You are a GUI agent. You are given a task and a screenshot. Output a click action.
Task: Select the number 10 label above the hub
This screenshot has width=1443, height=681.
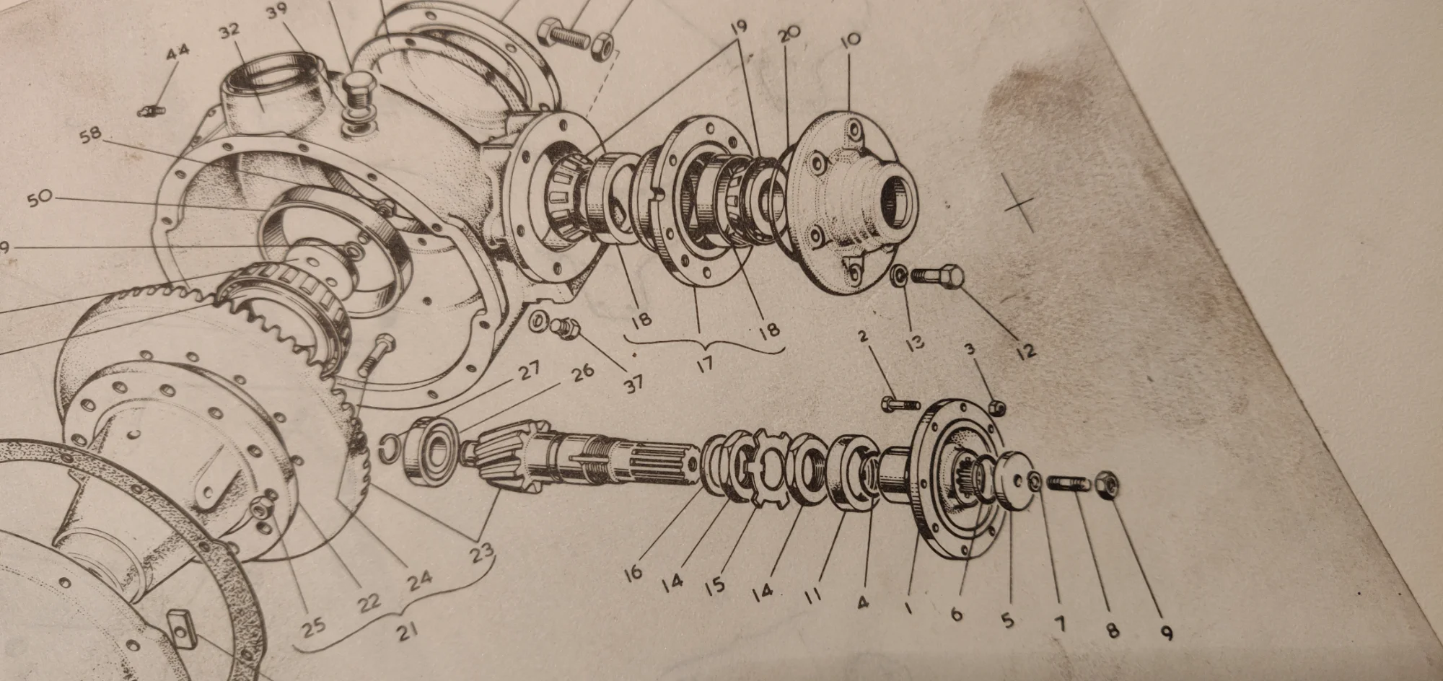(851, 40)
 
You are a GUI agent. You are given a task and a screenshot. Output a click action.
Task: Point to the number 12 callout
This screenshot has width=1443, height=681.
(1025, 351)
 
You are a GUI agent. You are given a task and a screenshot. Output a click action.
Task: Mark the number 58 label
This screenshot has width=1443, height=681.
(92, 136)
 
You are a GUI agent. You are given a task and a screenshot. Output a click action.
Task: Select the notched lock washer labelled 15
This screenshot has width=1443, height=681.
(768, 465)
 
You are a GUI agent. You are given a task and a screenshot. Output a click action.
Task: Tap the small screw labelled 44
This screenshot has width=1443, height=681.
(152, 112)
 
